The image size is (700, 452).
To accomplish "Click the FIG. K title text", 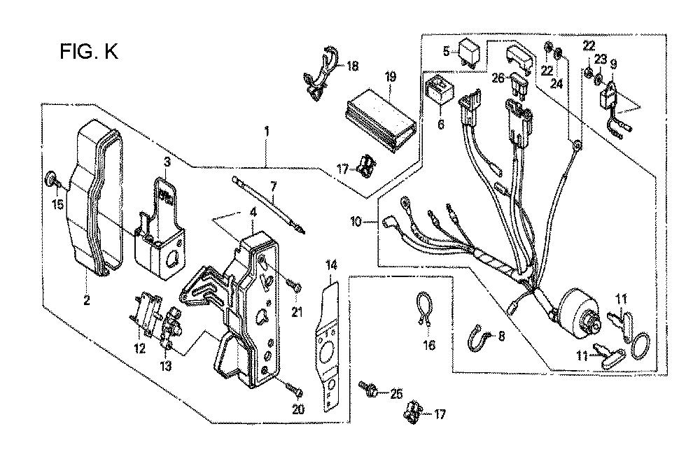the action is [90, 52].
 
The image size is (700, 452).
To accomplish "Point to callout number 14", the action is [331, 266].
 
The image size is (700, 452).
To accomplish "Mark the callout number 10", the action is [356, 221].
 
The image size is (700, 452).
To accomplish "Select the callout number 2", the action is [87, 300].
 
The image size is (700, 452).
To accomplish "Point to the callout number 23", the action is [601, 59].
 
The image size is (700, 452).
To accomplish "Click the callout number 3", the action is [167, 162].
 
